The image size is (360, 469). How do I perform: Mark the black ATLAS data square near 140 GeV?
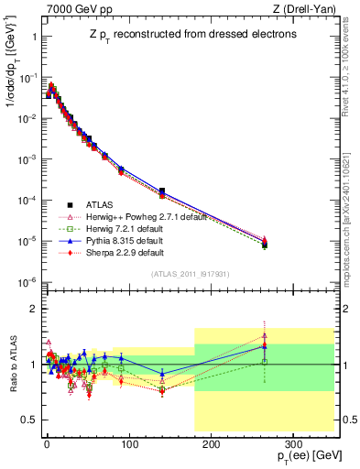tap(161, 191)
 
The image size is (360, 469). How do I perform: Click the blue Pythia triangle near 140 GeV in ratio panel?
tap(161, 374)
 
